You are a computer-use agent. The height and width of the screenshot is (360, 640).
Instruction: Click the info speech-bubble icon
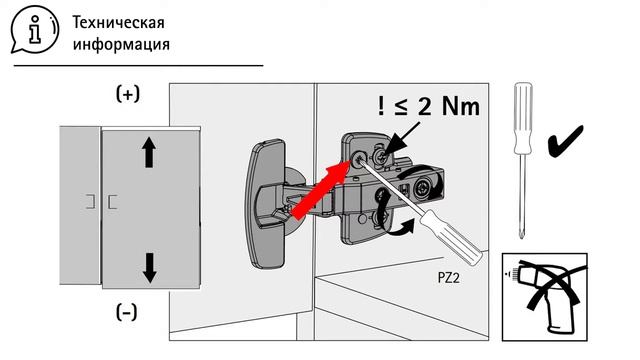(34, 29)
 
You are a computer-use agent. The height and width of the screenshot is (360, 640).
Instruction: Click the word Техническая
(118, 22)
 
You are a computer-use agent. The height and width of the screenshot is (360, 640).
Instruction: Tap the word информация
(121, 44)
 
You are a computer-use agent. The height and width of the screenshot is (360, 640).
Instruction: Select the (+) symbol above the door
(128, 93)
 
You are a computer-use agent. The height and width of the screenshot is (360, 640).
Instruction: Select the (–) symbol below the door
(127, 313)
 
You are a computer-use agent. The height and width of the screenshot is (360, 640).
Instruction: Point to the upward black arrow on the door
(149, 152)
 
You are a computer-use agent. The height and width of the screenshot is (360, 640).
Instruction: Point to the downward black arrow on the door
(150, 268)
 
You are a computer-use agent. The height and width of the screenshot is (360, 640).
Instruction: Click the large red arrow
(320, 190)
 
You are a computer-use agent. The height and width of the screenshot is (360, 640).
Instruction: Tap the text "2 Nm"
(448, 107)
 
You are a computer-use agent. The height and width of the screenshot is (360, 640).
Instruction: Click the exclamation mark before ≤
(381, 106)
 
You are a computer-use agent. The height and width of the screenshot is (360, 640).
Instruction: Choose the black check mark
(565, 141)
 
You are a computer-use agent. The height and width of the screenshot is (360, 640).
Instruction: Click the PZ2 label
(449, 278)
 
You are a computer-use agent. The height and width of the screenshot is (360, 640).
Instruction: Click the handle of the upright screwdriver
(523, 118)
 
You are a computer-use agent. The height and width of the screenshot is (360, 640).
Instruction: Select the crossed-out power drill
(544, 297)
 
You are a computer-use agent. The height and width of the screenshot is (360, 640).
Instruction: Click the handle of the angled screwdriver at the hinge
(451, 237)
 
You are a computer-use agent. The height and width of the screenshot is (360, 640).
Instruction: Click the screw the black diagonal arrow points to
(380, 156)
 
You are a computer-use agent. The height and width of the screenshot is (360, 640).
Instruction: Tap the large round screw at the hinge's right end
(422, 189)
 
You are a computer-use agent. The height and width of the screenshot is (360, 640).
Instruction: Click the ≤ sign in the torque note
(401, 107)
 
